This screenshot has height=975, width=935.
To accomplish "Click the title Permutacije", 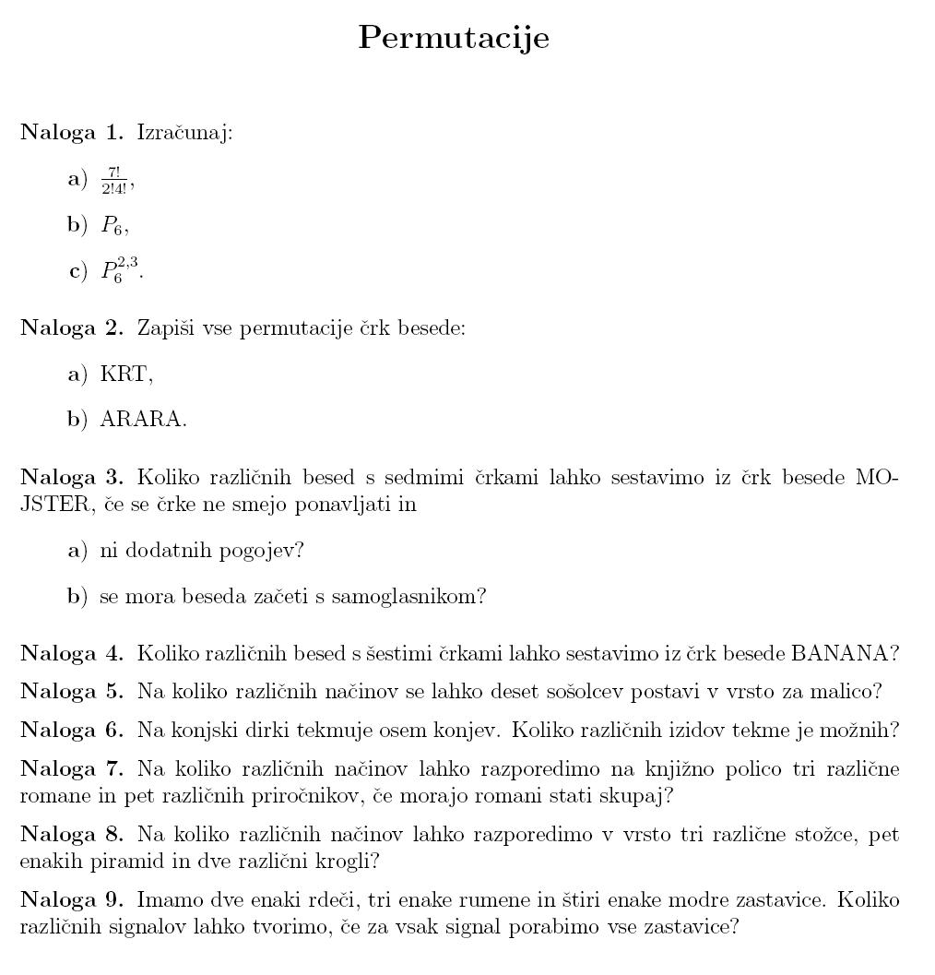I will (x=453, y=38).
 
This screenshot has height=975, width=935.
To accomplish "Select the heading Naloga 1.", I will (x=71, y=133).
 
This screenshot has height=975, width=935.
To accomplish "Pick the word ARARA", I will (x=141, y=420).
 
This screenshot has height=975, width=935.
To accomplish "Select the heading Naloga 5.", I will (x=71, y=691).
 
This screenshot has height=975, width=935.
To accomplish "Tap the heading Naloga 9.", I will (x=71, y=899).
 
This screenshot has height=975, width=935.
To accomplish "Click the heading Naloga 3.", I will (x=71, y=477).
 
